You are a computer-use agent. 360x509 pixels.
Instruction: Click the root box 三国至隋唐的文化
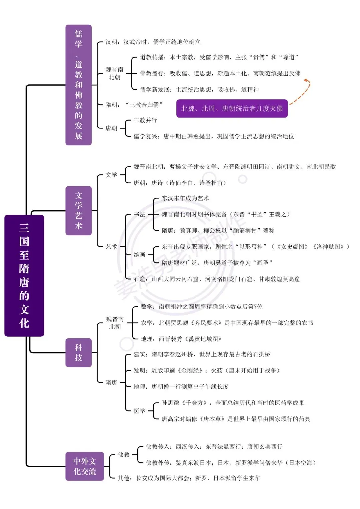24,275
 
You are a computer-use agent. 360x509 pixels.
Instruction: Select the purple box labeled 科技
78,352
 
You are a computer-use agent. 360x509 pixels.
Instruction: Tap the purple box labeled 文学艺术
78,210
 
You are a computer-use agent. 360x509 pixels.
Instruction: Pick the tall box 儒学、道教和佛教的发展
78,85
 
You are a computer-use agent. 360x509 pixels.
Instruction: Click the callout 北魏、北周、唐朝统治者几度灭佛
232,108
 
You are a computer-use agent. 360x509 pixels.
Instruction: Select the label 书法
139,214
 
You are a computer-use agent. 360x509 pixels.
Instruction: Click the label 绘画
139,255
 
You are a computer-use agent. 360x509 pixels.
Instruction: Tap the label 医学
139,411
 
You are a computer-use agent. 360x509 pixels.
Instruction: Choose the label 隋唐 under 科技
111,382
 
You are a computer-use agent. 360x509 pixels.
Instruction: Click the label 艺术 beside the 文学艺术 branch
111,247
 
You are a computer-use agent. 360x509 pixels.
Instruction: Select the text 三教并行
145,120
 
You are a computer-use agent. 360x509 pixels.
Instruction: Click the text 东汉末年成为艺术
185,198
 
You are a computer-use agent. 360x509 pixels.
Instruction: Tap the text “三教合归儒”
144,105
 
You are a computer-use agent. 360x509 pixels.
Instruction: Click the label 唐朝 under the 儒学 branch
111,128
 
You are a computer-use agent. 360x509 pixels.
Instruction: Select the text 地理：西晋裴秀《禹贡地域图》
181,339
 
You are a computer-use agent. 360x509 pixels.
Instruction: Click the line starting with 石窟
217,279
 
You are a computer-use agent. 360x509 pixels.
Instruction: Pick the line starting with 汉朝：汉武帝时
153,42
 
